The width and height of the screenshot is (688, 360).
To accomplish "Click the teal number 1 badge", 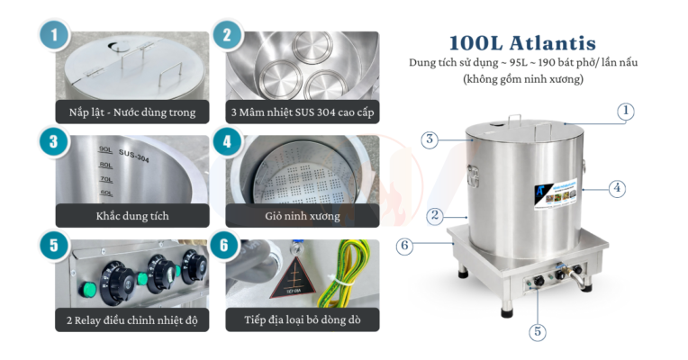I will pos(54,36).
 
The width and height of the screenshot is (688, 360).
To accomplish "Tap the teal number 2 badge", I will pos(227,36).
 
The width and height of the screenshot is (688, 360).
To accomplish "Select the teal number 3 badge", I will pos(54,140).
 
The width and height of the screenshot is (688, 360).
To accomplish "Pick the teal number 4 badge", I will pos(227,140).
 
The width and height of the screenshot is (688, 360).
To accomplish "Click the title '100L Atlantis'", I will pos(522,42).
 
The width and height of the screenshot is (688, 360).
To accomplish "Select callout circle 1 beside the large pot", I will pos(627,112).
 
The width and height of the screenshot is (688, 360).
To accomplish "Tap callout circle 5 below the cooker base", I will pos(538,331).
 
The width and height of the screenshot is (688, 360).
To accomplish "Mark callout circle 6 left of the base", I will pos(405,245).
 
